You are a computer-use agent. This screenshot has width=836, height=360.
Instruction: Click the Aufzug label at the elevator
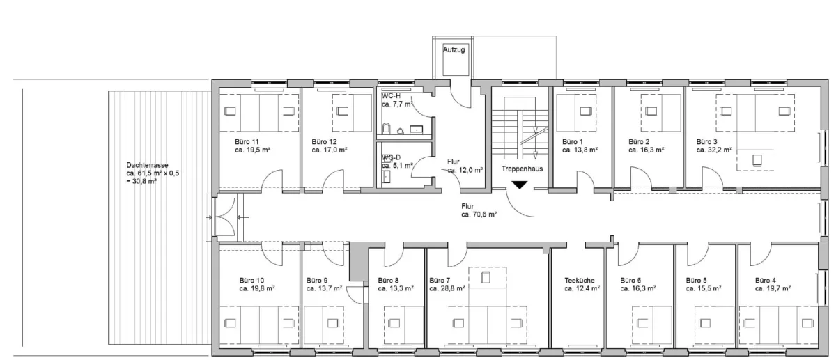pyautogui.click(x=454, y=49)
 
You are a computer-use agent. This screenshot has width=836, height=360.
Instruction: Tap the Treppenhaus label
pyautogui.click(x=522, y=169)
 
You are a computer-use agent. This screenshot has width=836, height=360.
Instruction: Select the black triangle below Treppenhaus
pyautogui.click(x=519, y=185)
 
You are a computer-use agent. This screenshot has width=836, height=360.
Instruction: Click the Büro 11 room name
pyautogui.click(x=247, y=142)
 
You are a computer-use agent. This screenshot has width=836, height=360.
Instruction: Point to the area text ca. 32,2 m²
pyautogui.click(x=714, y=150)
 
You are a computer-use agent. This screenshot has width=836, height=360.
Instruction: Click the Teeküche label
pyautogui.click(x=580, y=280)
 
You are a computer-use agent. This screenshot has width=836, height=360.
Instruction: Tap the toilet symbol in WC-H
pyautogui.click(x=386, y=128)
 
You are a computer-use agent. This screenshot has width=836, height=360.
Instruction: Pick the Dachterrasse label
pyautogui.click(x=148, y=165)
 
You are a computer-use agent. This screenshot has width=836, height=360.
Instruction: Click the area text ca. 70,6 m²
pyautogui.click(x=479, y=214)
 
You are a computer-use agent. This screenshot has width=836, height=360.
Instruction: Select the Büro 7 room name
pyautogui.click(x=440, y=280)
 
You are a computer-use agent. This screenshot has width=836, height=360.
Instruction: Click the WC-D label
pyautogui.click(x=391, y=157)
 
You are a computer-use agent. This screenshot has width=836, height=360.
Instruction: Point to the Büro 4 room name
pyautogui.click(x=766, y=280)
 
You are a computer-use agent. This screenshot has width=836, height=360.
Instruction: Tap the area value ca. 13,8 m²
pyautogui.click(x=580, y=150)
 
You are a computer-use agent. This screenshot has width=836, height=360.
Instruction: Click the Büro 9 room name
pyautogui.click(x=317, y=280)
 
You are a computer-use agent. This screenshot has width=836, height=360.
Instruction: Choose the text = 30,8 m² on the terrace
pyautogui.click(x=141, y=182)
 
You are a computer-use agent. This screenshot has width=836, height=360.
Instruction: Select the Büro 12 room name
pyautogui.click(x=325, y=142)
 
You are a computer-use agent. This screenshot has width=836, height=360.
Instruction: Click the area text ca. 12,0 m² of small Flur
pyautogui.click(x=465, y=170)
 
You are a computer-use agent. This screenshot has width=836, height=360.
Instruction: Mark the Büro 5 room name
pyautogui.click(x=697, y=280)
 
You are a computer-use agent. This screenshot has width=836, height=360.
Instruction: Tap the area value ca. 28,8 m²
pyautogui.click(x=447, y=288)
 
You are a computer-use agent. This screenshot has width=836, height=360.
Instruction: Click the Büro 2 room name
pyautogui.click(x=639, y=142)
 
